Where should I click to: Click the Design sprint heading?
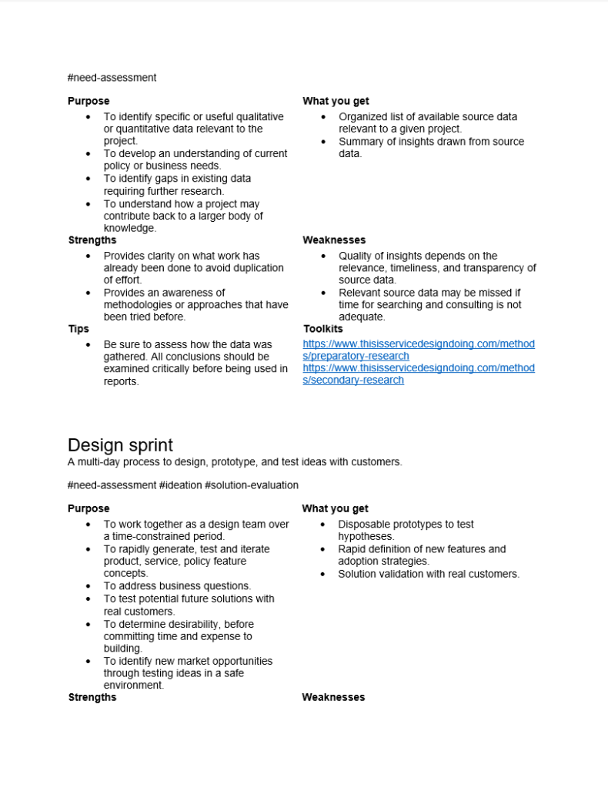(x=120, y=445)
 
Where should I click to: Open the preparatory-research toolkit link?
(x=419, y=350)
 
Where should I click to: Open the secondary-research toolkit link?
(x=419, y=374)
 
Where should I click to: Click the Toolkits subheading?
(x=323, y=329)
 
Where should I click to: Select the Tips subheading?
(x=79, y=329)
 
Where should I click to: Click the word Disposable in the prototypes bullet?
(x=363, y=525)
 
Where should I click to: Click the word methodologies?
(x=141, y=305)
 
